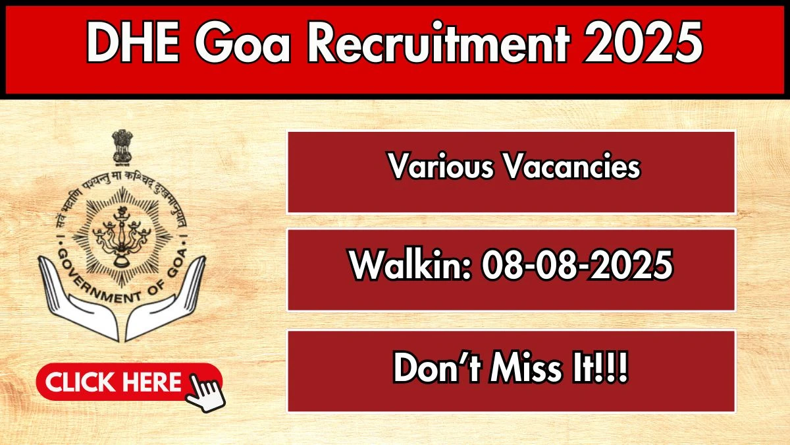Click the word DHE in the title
(132, 42)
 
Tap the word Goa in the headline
(242, 42)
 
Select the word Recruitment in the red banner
(438, 42)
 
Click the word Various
(441, 166)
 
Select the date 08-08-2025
(577, 265)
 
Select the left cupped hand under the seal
(78, 300)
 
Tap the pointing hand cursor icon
(205, 392)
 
